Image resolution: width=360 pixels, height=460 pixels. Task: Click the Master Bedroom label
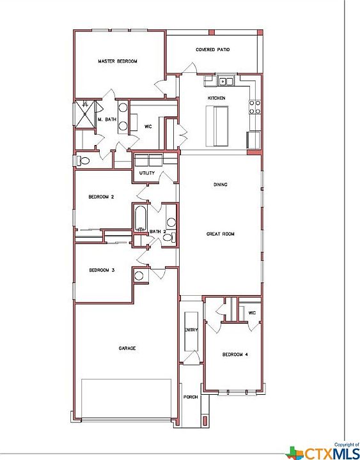(118, 61)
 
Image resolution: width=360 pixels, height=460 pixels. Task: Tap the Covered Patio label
(212, 49)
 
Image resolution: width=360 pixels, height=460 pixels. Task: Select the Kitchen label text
(216, 98)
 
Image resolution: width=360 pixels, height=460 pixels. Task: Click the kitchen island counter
(220, 125)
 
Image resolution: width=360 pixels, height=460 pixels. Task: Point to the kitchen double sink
(225, 81)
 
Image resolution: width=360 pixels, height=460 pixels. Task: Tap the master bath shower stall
(84, 113)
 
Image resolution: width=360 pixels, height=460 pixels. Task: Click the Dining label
(220, 185)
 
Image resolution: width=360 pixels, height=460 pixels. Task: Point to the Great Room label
(220, 234)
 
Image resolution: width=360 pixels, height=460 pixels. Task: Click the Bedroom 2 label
(101, 197)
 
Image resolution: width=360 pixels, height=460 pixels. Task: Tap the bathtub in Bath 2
(140, 218)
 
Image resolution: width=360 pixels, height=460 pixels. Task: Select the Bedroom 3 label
(102, 270)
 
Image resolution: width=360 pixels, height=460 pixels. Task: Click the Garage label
(127, 348)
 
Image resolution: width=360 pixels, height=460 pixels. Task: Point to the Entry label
(191, 330)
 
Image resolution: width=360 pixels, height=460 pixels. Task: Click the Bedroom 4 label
(235, 354)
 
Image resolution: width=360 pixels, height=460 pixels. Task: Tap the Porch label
(191, 397)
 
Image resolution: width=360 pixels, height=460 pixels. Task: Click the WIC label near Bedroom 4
(252, 313)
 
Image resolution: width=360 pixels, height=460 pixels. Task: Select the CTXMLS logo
(322, 452)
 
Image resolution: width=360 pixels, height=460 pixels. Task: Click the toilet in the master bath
(82, 160)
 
